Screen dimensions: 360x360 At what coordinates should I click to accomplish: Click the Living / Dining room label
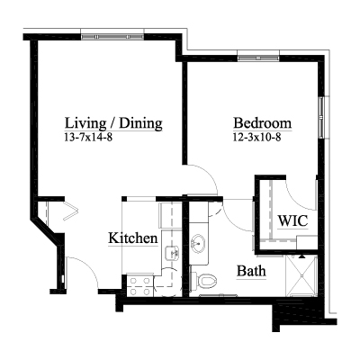click(113, 123)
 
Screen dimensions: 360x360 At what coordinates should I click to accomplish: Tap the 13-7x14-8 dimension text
click(88, 138)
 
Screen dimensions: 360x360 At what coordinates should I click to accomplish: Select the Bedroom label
click(263, 123)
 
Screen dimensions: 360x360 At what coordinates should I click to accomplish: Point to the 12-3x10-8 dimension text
click(256, 138)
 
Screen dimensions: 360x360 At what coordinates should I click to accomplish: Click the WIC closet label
click(292, 221)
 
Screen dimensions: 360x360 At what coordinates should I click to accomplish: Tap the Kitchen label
click(133, 238)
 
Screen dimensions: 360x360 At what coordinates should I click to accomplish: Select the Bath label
click(251, 271)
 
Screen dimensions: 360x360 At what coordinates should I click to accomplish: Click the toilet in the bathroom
click(204, 282)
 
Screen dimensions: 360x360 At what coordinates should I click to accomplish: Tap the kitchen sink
click(172, 254)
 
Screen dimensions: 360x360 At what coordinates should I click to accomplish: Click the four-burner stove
click(139, 286)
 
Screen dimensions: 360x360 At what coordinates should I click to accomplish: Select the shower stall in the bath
click(301, 275)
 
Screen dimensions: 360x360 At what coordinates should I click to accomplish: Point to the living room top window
click(112, 37)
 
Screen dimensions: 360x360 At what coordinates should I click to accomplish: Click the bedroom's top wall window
click(258, 58)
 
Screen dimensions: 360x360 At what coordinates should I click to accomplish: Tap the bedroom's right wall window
click(321, 117)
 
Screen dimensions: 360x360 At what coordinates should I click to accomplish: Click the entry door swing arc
click(88, 265)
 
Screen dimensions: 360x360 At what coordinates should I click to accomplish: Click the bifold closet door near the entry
click(70, 211)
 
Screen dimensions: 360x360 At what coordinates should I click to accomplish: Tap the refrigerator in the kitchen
click(170, 215)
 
